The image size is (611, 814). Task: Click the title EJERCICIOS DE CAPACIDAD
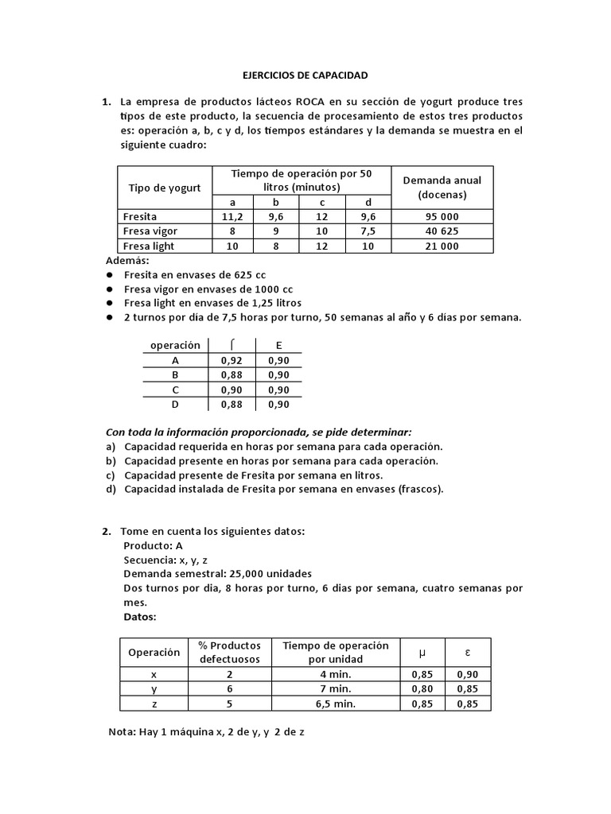pos(305,76)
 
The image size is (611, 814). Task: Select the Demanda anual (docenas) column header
pos(442,187)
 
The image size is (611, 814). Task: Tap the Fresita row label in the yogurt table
pos(141,216)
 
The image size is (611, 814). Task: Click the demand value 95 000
pos(442,216)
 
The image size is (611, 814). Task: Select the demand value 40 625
pos(442,231)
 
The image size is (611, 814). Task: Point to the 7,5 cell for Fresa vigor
pos(368,231)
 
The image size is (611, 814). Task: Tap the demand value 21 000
pos(442,246)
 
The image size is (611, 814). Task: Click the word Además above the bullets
pos(127,261)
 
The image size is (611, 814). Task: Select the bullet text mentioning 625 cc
pos(195,274)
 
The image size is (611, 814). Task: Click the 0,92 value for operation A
pos(232,360)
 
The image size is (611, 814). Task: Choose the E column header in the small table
pos(278,346)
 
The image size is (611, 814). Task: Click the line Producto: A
pos(153,545)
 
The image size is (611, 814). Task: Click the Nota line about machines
pos(205,732)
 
